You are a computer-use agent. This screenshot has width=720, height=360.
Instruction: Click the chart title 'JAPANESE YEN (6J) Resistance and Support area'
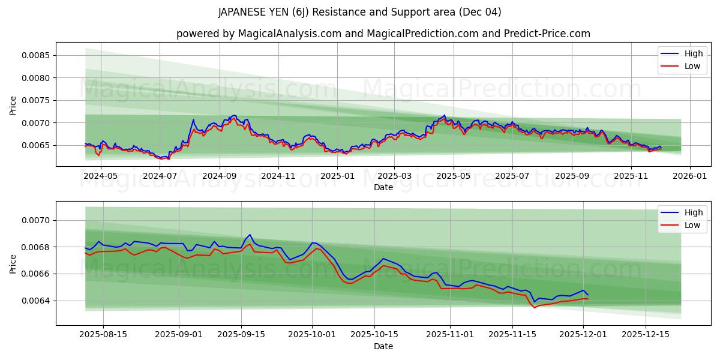[x=359, y=12]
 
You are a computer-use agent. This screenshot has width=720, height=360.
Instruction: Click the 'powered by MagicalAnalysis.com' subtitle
[x=383, y=34]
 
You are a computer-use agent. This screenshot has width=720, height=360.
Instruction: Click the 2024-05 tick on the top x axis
[x=101, y=176]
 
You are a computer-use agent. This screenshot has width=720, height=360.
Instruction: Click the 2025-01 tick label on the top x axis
[x=337, y=176]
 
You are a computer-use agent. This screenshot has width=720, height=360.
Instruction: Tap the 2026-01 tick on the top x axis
[x=689, y=176]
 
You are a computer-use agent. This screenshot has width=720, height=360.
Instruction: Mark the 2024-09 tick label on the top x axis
[x=219, y=176]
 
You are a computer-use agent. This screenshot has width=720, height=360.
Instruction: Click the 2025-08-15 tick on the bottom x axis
[x=103, y=335]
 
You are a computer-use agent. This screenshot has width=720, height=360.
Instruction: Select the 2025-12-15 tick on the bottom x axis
[x=646, y=335]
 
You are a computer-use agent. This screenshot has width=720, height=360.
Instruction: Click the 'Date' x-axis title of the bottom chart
[x=383, y=346]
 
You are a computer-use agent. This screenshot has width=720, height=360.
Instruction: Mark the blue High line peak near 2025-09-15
[x=250, y=235]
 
